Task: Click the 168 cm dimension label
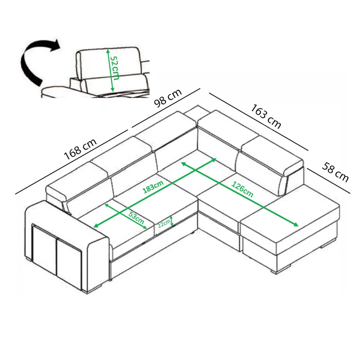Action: coord(80,149)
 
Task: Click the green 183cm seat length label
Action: coord(153,187)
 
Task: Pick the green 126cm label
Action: coord(242,190)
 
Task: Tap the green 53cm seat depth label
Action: coord(137,218)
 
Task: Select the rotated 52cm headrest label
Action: coord(114,68)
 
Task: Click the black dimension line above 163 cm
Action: coord(259,121)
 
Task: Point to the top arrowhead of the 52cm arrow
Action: coord(108,51)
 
